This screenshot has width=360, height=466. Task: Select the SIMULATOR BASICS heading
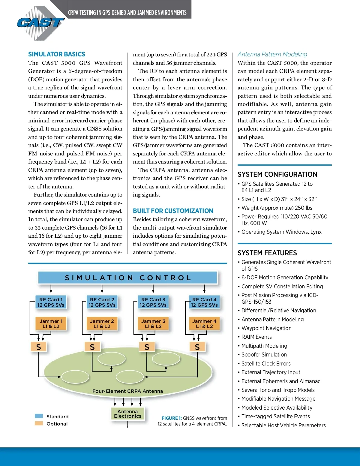pyautogui.click(x=57, y=54)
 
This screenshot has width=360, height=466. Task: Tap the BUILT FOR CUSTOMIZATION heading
pyautogui.click(x=173, y=211)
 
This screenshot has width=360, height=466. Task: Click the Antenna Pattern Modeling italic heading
pyautogui.click(x=272, y=54)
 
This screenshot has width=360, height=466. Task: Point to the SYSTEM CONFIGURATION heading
pyautogui.click(x=277, y=174)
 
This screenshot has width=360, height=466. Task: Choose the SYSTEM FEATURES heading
pyautogui.click(x=267, y=253)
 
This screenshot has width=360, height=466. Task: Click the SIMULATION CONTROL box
pyautogui.click(x=128, y=278)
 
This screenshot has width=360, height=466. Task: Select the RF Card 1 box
pyautogui.click(x=51, y=302)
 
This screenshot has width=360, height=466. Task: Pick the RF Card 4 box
pyautogui.click(x=204, y=302)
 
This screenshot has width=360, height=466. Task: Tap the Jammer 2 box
pyautogui.click(x=102, y=324)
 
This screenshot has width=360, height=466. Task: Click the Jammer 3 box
pyautogui.click(x=153, y=324)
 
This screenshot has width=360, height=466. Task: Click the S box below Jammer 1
pyautogui.click(x=38, y=347)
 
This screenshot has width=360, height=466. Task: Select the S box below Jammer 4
pyautogui.click(x=197, y=347)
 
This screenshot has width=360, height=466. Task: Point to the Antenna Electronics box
pyautogui.click(x=127, y=414)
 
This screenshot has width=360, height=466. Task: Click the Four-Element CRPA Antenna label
pyautogui.click(x=127, y=391)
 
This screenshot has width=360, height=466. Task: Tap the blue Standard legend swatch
pyautogui.click(x=39, y=416)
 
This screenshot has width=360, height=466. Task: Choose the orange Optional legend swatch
pyautogui.click(x=39, y=423)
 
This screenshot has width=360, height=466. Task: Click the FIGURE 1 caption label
pyautogui.click(x=172, y=418)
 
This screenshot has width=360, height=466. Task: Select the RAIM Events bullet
pyautogui.click(x=256, y=337)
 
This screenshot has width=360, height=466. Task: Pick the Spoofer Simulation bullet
pyautogui.click(x=264, y=355)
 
